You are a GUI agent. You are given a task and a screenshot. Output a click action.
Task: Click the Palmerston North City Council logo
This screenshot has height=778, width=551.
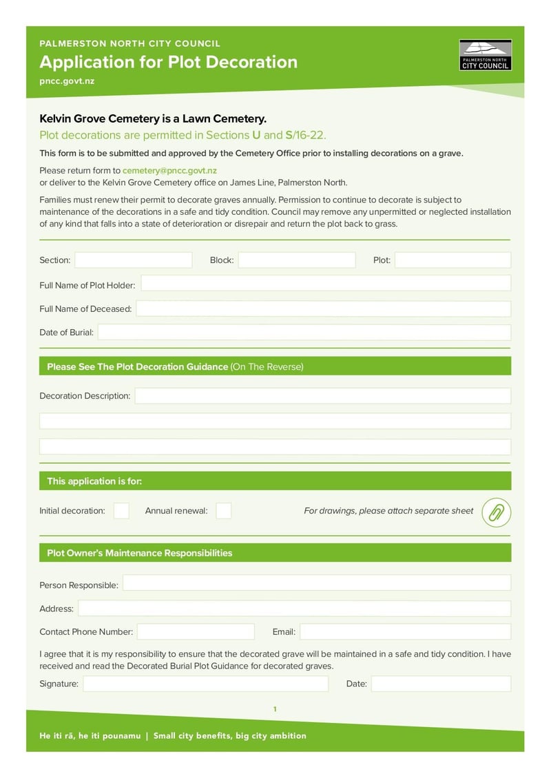485,55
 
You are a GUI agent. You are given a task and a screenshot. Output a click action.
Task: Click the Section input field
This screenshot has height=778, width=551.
133,260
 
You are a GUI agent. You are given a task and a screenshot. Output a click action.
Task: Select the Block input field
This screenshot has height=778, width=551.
296,260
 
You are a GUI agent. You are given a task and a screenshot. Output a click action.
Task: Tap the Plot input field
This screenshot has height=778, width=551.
453,260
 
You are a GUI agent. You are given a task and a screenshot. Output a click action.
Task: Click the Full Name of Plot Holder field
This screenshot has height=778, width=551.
326,284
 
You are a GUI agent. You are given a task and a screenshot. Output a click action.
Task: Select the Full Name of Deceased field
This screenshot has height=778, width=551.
323,308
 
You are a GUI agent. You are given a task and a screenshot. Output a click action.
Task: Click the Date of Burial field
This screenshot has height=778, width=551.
304,333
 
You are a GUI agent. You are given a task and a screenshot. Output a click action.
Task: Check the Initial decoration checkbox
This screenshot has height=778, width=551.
121,511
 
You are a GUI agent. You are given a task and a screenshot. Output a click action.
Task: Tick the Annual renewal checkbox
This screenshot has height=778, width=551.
223,511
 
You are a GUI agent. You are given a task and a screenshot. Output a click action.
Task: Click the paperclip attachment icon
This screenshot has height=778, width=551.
496,512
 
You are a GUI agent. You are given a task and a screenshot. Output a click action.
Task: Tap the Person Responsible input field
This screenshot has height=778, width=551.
316,584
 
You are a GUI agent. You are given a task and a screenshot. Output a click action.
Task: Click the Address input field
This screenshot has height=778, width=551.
294,609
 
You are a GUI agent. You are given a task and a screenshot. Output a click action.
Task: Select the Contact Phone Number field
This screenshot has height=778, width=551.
196,631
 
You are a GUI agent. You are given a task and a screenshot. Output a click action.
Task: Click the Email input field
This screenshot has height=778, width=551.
405,631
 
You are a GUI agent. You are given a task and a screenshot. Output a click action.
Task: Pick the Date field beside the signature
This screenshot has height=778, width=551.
441,684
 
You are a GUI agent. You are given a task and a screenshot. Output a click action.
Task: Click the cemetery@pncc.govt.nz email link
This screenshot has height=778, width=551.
169,170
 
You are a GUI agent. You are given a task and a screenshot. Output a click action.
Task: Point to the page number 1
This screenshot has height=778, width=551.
275,709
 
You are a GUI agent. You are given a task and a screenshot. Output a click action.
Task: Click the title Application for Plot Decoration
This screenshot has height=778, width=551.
169,62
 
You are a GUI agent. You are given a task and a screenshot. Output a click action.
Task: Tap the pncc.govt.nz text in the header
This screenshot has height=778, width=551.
67,81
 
